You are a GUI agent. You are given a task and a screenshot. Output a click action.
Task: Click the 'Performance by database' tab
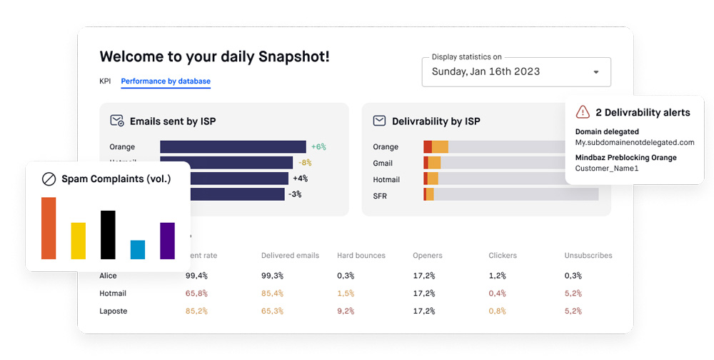click(x=166, y=81)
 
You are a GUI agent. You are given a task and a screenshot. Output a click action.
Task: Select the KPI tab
click(x=105, y=81)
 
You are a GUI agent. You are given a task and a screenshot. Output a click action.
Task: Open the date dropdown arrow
click(x=596, y=72)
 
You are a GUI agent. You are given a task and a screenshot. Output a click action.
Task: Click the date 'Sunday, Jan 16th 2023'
click(x=486, y=71)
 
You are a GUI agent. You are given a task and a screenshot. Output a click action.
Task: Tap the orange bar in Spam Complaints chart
click(x=49, y=228)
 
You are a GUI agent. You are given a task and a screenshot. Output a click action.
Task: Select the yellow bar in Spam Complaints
click(x=79, y=241)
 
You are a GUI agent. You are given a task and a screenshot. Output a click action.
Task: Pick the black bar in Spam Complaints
click(x=108, y=234)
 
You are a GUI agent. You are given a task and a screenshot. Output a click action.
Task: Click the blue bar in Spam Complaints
click(x=138, y=249)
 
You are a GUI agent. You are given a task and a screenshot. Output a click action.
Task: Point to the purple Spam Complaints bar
click(x=167, y=241)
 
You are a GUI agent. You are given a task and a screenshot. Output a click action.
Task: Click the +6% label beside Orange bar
click(x=318, y=146)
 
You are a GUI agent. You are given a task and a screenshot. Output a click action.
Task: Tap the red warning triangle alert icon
click(x=583, y=112)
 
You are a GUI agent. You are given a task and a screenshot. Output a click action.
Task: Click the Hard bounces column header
click(x=361, y=255)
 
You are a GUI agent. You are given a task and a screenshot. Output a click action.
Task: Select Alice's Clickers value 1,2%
click(x=497, y=276)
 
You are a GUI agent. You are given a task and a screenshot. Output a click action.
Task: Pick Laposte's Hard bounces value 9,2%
click(x=345, y=311)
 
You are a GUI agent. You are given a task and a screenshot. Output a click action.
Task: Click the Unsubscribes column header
click(x=588, y=255)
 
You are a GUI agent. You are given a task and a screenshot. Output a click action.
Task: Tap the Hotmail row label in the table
click(x=113, y=293)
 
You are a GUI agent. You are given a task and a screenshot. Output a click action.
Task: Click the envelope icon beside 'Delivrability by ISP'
click(x=379, y=121)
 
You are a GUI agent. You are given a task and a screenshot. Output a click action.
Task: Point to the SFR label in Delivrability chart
click(x=380, y=196)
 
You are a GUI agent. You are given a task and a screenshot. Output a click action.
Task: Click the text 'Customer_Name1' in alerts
click(x=607, y=169)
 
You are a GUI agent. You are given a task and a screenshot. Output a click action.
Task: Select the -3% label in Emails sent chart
click(x=295, y=194)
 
